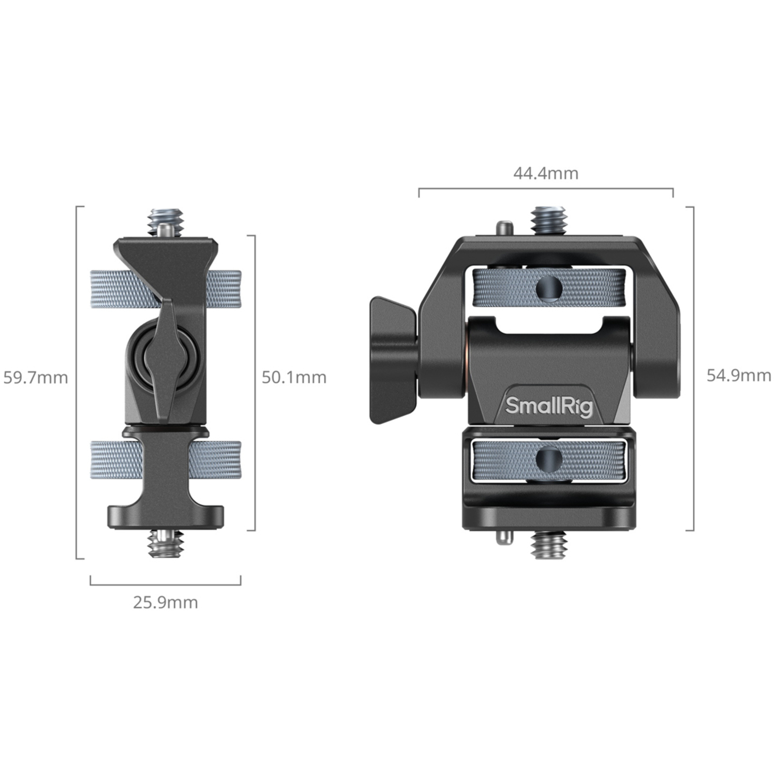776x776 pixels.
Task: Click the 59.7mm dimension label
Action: point(36,378)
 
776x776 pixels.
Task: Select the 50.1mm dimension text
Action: point(294,378)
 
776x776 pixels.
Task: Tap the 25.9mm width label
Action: point(166,603)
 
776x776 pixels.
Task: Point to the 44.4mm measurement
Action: point(546,173)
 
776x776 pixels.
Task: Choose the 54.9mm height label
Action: point(739,376)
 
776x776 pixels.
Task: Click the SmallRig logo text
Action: point(548,407)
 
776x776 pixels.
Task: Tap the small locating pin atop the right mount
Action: point(504,228)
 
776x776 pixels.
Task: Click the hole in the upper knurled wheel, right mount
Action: point(549,288)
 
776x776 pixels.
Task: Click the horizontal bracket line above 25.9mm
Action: point(166,585)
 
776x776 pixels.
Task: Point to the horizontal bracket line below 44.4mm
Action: point(546,189)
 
